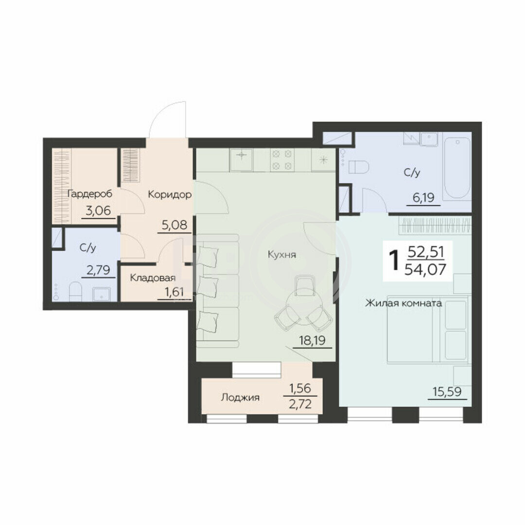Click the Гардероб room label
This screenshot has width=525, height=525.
(x=90, y=194)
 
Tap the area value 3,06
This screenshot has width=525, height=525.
(x=98, y=211)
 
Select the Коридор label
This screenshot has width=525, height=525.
(x=170, y=194)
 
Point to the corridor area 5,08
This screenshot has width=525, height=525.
(x=175, y=225)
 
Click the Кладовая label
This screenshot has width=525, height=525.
(x=153, y=278)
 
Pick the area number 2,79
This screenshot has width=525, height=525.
(x=98, y=270)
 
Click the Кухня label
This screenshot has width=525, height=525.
(x=282, y=255)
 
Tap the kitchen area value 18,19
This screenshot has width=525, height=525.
(x=312, y=340)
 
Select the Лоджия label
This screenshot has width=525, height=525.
(x=240, y=398)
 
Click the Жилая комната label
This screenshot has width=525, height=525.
(x=403, y=303)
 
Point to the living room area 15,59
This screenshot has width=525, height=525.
(x=448, y=391)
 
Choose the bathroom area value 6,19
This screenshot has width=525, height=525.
(x=423, y=197)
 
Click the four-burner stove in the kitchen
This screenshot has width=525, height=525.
(x=282, y=160)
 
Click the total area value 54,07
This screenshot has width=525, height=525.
(x=425, y=269)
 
